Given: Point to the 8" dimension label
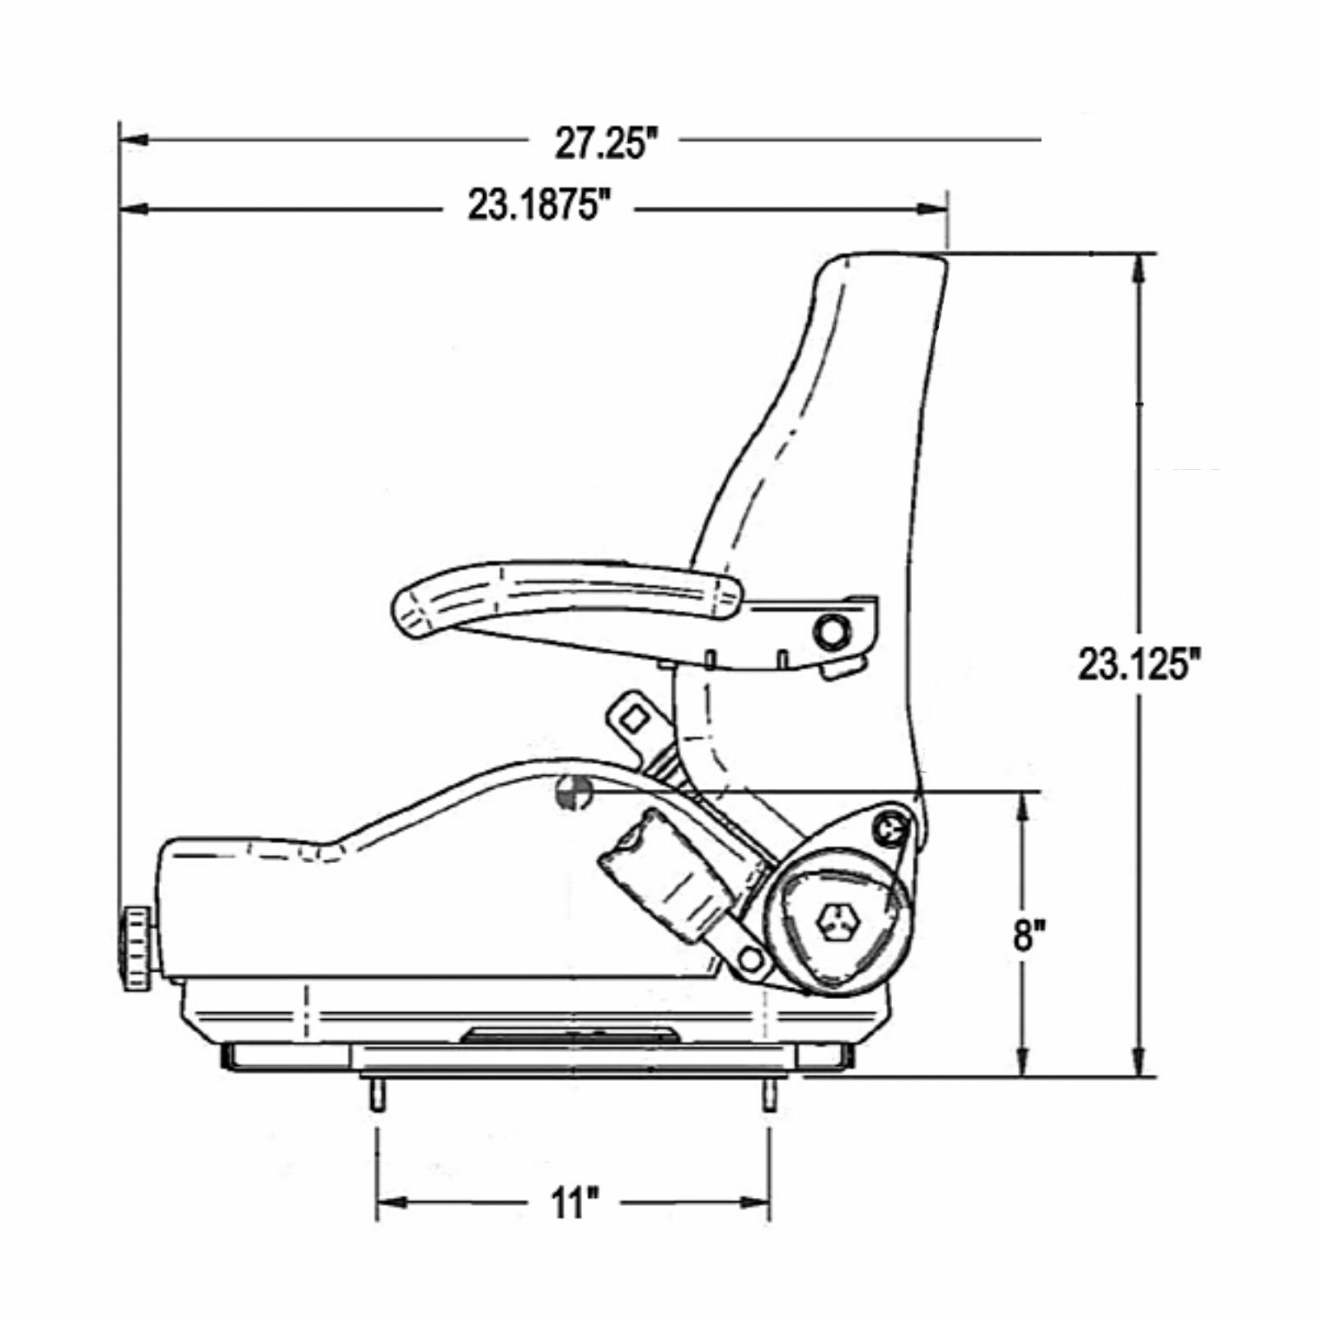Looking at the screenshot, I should pyautogui.click(x=1030, y=936).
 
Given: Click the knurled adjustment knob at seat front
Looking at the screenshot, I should pyautogui.click(x=138, y=949).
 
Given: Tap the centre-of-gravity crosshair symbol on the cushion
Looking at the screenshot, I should pyautogui.click(x=573, y=792).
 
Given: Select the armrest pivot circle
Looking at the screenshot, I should pyautogui.click(x=831, y=632).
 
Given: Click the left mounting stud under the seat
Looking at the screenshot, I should pyautogui.click(x=376, y=1097).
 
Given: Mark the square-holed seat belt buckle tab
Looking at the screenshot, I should pyautogui.click(x=633, y=717).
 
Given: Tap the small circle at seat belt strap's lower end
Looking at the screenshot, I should pyautogui.click(x=750, y=959).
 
